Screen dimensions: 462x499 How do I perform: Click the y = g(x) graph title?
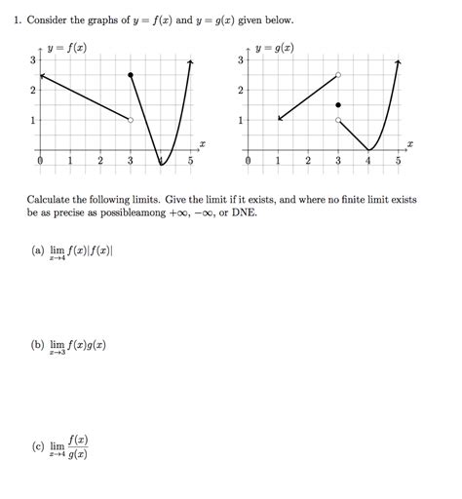[275, 48]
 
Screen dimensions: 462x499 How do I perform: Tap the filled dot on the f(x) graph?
[131, 75]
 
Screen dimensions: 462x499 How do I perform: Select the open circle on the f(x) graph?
[131, 120]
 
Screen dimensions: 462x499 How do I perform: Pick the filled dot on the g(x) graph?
[338, 105]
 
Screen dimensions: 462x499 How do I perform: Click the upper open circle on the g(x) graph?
[338, 75]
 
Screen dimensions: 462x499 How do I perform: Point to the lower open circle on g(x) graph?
[338, 120]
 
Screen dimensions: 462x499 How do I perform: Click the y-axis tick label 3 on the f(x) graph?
[31, 60]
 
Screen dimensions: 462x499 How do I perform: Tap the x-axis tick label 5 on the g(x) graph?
[399, 162]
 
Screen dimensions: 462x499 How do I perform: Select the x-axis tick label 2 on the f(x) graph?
[100, 162]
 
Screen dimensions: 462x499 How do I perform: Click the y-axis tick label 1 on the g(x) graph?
[240, 121]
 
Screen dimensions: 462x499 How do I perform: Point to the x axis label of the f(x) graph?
[202, 143]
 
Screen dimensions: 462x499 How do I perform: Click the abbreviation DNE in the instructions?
[245, 211]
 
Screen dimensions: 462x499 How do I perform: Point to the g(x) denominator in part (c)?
[77, 454]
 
